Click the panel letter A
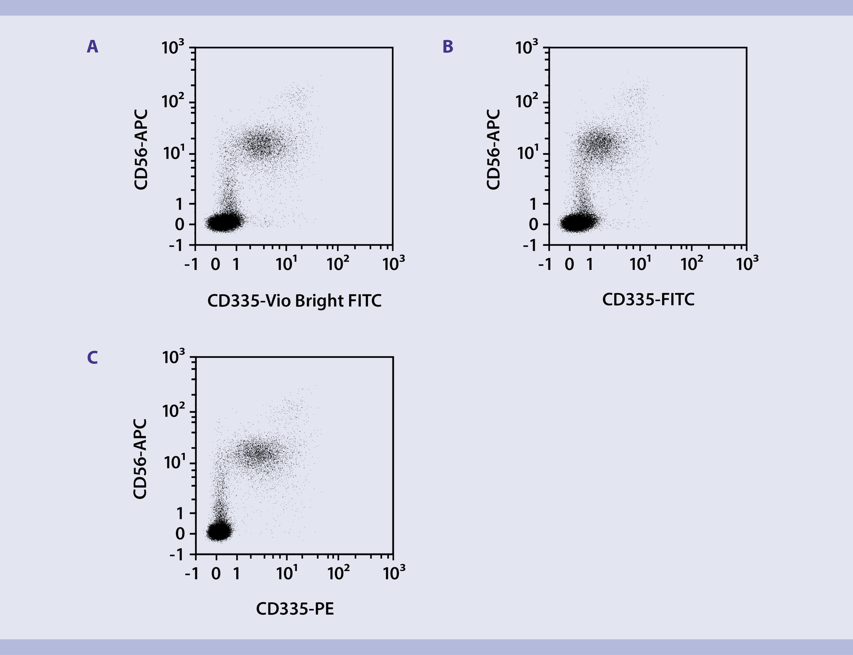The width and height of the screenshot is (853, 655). click(x=92, y=47)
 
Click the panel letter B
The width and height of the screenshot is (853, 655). click(x=448, y=47)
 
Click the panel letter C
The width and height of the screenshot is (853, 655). click(x=92, y=357)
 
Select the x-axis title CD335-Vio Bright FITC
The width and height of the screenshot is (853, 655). click(x=294, y=301)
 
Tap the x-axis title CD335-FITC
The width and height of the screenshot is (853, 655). click(x=648, y=300)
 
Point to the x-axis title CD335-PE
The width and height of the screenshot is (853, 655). click(x=295, y=609)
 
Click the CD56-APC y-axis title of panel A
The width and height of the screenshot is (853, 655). click(x=141, y=150)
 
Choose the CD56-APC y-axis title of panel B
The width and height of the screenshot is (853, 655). click(x=494, y=150)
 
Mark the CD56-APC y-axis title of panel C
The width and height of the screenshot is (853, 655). click(x=140, y=459)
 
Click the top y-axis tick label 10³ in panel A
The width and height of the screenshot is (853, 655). click(x=173, y=47)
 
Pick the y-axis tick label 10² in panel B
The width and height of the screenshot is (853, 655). click(x=526, y=102)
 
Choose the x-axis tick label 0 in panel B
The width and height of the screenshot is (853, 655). click(x=569, y=264)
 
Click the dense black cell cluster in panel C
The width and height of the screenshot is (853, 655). click(x=219, y=531)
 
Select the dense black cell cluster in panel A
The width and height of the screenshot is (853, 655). click(x=224, y=222)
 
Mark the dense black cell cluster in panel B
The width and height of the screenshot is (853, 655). click(x=578, y=222)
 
